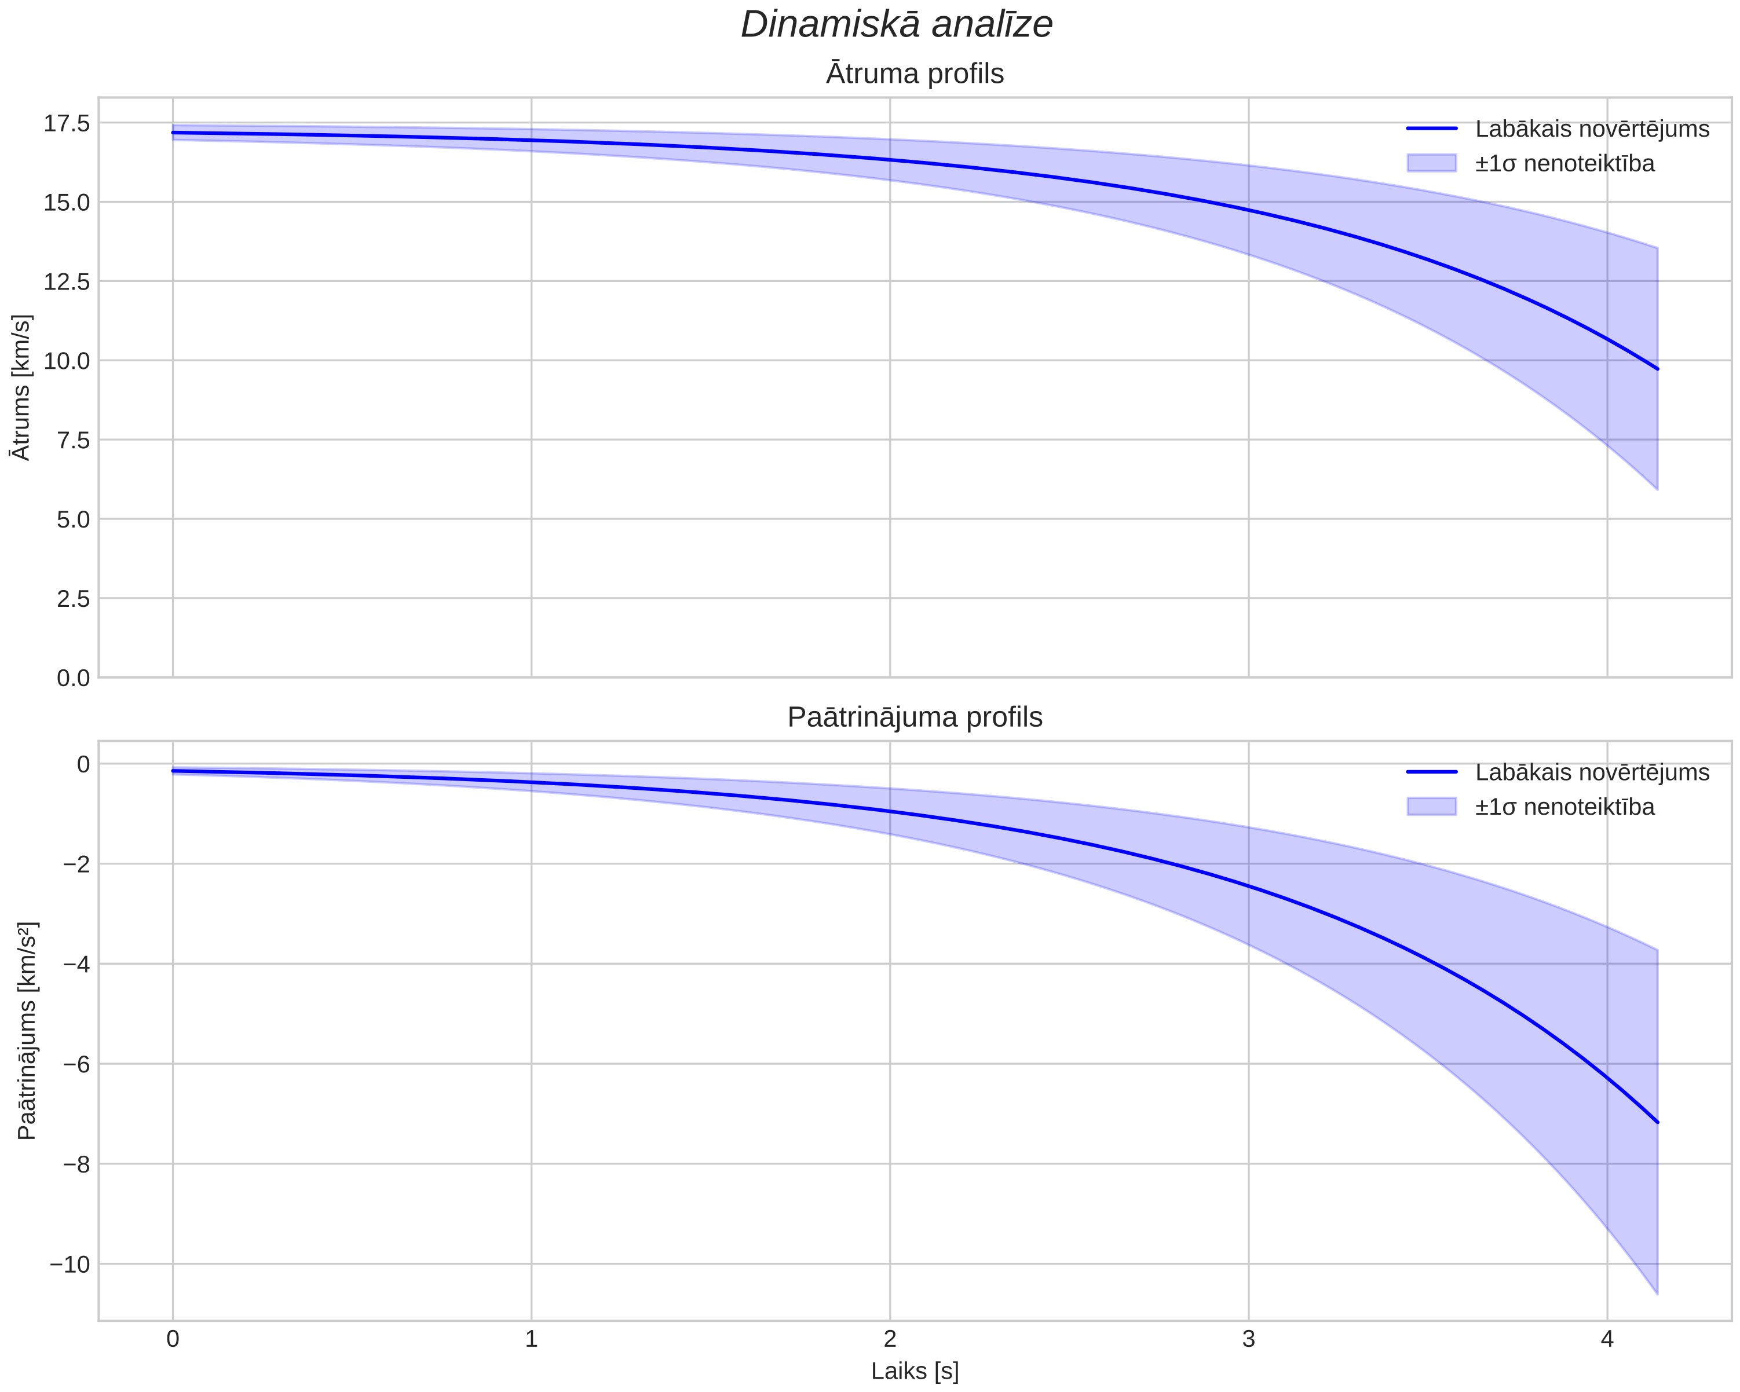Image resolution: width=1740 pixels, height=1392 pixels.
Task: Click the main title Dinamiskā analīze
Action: click(897, 24)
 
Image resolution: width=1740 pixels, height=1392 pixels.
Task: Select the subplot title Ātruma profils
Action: click(915, 74)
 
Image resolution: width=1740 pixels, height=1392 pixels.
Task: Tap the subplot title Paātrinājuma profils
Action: click(915, 717)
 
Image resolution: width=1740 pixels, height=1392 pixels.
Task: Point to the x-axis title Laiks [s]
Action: click(915, 1372)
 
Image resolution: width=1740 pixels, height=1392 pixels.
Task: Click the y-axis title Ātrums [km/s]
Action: click(23, 387)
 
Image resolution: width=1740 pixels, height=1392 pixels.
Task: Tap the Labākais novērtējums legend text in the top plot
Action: click(1592, 129)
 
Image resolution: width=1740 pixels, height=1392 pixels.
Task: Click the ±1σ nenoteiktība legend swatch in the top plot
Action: click(1432, 163)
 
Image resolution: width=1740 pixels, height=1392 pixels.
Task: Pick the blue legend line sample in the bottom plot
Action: click(1432, 772)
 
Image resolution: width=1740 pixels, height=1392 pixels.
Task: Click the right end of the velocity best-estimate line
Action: click(1657, 369)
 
